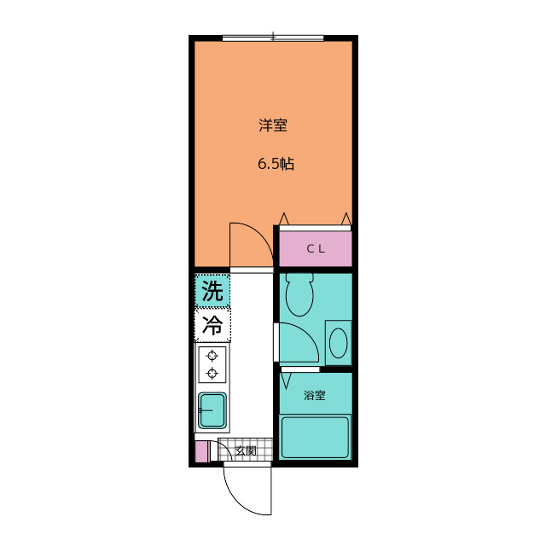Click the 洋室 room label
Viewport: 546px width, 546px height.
[x=273, y=125]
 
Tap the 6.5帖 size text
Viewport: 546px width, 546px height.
[x=276, y=165]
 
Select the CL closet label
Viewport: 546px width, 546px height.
[x=316, y=249]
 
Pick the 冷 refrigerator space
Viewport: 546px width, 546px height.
[x=212, y=325]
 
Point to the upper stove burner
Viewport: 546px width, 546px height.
[x=212, y=356]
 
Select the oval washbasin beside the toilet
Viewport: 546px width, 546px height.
[x=338, y=343]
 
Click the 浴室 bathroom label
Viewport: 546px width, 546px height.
[x=314, y=395]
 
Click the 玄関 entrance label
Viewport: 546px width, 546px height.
[x=246, y=450]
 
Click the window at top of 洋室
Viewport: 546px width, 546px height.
[x=273, y=38]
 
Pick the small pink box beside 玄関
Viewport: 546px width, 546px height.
[x=200, y=451]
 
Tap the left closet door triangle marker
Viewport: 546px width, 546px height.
[x=285, y=220]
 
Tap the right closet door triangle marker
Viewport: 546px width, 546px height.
[x=346, y=220]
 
